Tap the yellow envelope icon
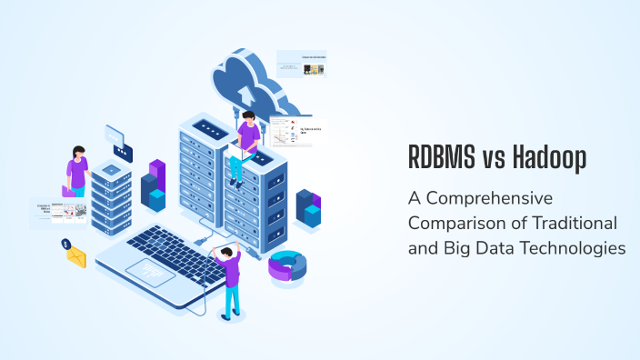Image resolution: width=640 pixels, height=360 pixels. [75, 257]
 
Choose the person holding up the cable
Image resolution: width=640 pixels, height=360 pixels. [230, 277]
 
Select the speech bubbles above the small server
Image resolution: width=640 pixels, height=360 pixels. [118, 143]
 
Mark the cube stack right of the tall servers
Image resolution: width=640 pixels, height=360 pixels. [309, 208]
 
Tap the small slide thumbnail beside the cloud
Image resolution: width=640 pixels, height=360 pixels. [301, 64]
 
